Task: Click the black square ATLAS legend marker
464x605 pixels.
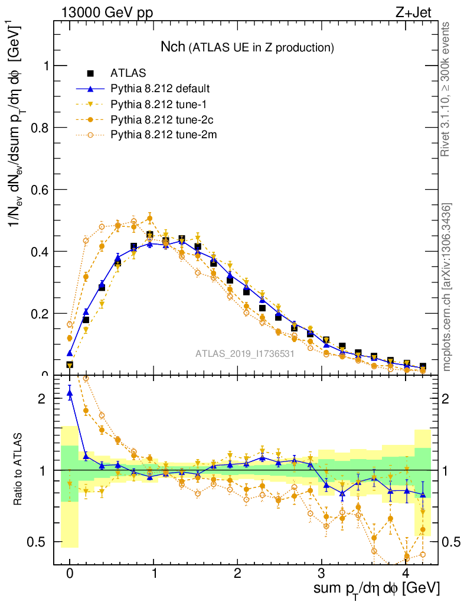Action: tap(90, 73)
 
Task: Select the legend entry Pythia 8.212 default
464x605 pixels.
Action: tap(160, 89)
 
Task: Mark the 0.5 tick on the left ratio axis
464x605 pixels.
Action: tap(43, 542)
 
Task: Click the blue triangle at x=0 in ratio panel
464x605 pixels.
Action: tap(70, 392)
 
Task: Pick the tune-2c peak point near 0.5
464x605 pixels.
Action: tap(149, 219)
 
